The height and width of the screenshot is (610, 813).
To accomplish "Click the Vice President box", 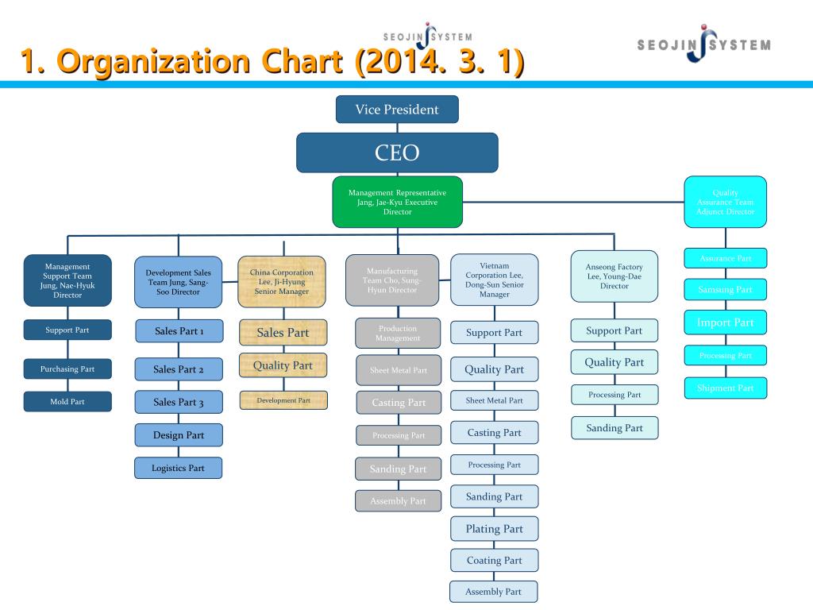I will (x=397, y=110).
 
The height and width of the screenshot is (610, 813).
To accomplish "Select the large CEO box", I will (x=397, y=152).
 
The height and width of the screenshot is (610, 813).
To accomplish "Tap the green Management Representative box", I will (x=397, y=202).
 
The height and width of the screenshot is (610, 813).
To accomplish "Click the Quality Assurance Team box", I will (x=725, y=202).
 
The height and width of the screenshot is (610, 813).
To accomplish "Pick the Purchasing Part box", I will (x=67, y=369).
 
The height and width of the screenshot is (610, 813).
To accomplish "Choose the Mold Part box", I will (x=67, y=402).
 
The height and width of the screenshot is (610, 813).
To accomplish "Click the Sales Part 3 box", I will (x=178, y=403).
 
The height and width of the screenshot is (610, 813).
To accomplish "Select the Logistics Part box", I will (x=178, y=468).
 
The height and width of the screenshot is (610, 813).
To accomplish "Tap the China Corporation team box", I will (x=282, y=282).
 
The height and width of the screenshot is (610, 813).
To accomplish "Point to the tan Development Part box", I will (x=283, y=401).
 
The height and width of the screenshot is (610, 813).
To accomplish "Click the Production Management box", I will (x=398, y=334).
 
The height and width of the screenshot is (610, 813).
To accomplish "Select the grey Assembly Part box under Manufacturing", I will (x=398, y=501).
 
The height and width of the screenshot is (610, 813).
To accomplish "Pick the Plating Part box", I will (x=494, y=529).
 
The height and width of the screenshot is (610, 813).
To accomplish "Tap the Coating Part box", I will (x=494, y=561).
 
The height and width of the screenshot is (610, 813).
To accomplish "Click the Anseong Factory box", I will (x=614, y=276).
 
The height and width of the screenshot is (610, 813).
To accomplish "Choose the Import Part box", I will (x=725, y=322).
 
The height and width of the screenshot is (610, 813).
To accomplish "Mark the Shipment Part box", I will (x=725, y=388).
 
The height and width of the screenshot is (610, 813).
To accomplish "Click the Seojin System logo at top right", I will (x=703, y=44).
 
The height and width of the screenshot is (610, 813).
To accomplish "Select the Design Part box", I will (x=178, y=435).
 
